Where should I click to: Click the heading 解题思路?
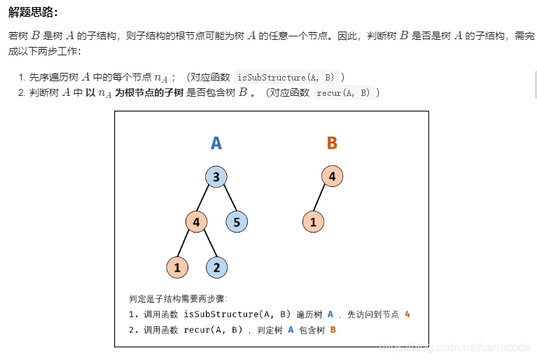33,13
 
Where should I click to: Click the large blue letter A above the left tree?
216,144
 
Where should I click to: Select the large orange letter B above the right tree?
332,144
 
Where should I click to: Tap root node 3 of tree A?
216,177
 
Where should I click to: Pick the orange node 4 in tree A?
196,223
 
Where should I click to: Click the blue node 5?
237,223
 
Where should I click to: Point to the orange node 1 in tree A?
177,267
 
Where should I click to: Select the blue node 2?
217,267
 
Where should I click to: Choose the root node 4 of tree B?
332,176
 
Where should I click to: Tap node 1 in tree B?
313,223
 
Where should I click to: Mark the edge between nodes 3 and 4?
207,200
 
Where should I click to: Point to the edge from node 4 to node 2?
207,245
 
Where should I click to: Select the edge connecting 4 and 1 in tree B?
323,200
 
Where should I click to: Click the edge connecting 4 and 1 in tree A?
186,245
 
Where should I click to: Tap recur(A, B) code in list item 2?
342,92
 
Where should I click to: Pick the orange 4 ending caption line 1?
407,314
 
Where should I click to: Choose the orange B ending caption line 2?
333,329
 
